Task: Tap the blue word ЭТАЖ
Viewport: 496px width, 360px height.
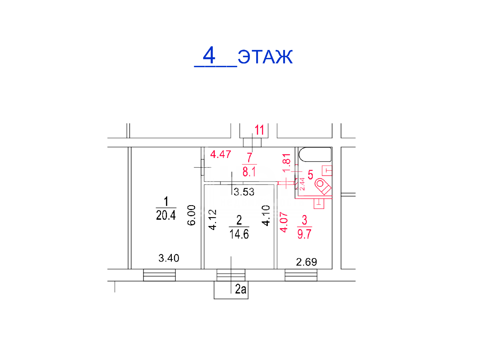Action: point(265,57)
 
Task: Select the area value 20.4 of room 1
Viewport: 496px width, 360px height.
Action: point(166,215)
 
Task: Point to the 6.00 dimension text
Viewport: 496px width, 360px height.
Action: point(191,215)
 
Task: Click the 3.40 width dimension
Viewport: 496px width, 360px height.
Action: point(169,258)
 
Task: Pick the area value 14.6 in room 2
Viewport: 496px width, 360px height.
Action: point(239,234)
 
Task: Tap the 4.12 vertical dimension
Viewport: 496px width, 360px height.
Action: point(213,220)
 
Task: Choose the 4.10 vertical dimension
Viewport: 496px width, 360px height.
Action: point(266,216)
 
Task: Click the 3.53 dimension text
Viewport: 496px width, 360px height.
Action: point(244,192)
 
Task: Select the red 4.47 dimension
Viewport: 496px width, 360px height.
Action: point(221,154)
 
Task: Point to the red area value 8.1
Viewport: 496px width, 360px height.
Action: point(249,172)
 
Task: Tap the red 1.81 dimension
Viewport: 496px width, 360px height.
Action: point(286,163)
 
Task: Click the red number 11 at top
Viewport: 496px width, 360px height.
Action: point(259,130)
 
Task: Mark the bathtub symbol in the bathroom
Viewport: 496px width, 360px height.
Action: point(315,155)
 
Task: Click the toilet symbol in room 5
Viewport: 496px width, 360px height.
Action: point(323,186)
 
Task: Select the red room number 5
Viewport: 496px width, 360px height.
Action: point(310,175)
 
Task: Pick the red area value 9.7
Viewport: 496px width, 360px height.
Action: point(305,234)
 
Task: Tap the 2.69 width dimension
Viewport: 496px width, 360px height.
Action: point(306,262)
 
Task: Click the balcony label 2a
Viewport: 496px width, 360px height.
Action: point(241,289)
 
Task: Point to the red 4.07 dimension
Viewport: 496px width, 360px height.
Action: point(284,222)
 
